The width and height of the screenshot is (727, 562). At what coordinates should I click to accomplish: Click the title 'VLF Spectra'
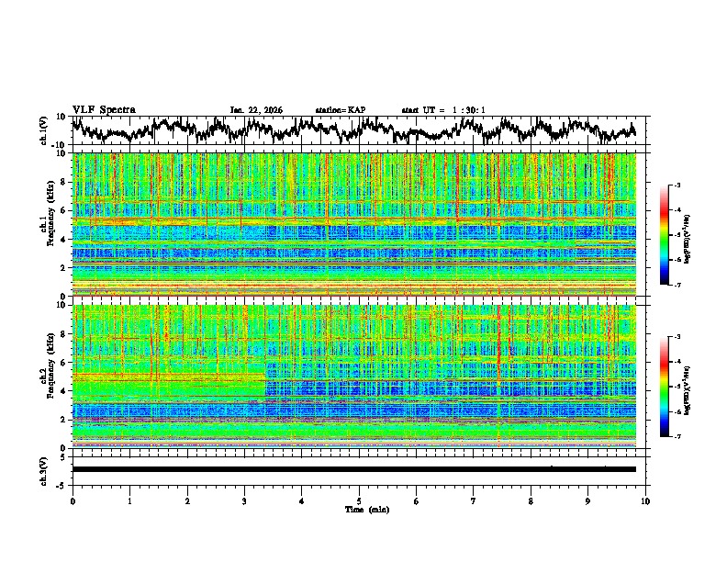click(104, 109)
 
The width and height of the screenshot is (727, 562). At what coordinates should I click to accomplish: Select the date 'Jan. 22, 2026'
click(256, 110)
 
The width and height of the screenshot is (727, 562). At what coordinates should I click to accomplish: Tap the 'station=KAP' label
click(340, 110)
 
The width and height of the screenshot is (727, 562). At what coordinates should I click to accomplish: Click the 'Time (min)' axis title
click(359, 509)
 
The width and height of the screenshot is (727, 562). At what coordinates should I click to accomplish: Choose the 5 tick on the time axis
click(359, 500)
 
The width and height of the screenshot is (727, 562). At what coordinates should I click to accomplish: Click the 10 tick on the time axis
click(645, 500)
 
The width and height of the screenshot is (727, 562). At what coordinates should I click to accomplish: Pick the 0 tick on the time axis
click(73, 500)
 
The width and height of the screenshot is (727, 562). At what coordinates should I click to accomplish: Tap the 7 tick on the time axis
click(474, 500)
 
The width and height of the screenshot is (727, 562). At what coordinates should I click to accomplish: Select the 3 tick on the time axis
click(244, 500)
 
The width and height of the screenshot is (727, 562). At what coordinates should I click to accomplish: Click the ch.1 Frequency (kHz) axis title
click(49, 223)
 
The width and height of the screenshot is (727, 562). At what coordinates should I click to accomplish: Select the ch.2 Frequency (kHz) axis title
click(49, 376)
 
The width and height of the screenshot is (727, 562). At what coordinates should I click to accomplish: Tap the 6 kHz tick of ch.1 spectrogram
click(64, 210)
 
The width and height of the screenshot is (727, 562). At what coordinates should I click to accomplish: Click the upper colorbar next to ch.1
click(671, 235)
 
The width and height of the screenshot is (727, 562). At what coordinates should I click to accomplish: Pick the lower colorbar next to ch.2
click(671, 387)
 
